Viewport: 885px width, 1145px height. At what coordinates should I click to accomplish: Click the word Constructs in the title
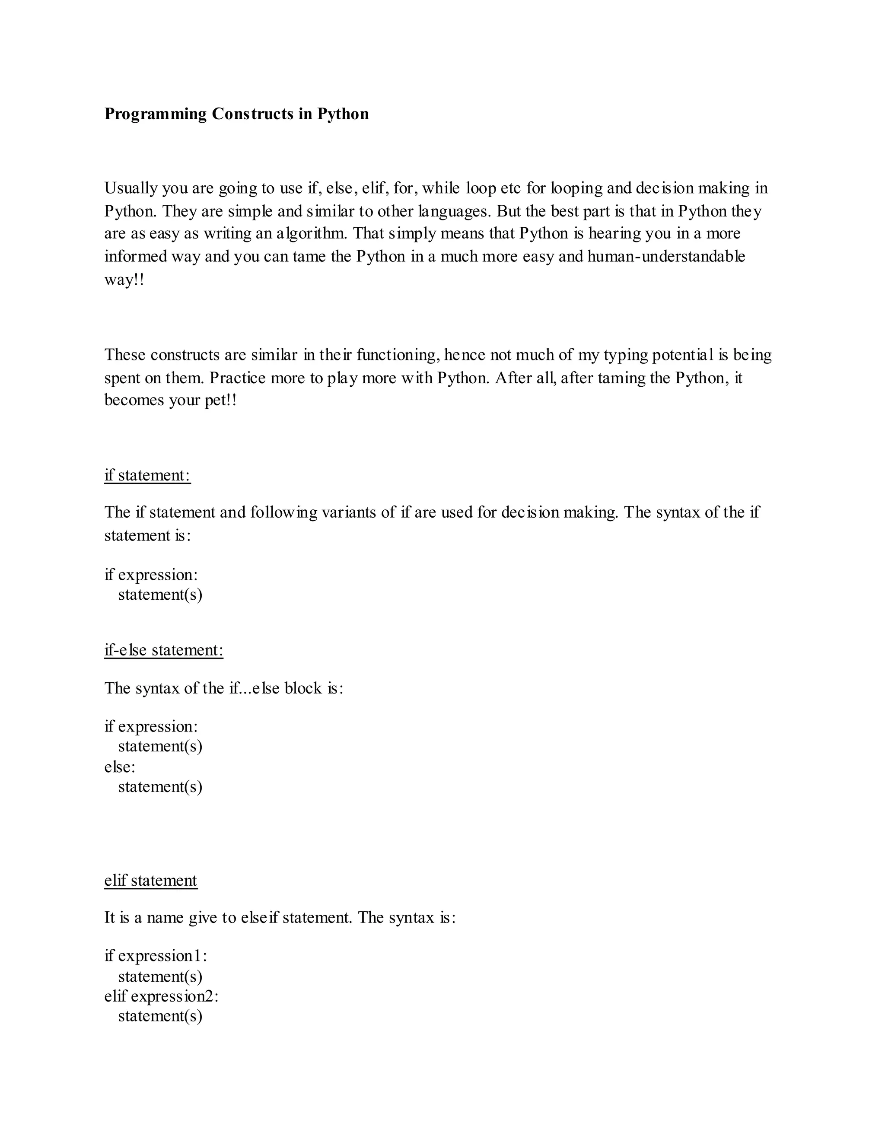253,114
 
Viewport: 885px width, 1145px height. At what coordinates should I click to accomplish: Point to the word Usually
131,188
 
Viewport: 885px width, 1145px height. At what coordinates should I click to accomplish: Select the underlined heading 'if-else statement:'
164,650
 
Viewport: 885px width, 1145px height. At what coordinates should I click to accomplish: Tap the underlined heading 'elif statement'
150,880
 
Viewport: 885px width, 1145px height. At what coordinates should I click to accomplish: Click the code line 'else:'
120,767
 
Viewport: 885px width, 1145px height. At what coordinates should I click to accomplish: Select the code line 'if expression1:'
156,956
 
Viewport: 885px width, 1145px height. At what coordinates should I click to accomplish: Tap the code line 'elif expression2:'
161,996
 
